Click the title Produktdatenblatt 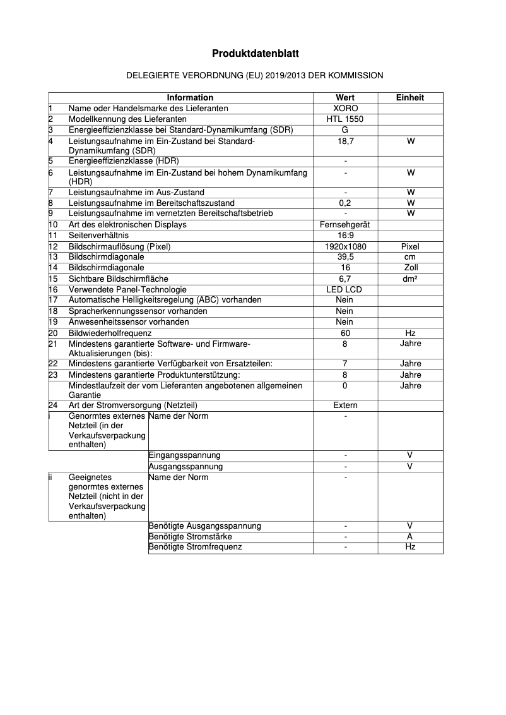(255, 54)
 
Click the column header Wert (345, 97)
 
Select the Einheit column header (410, 97)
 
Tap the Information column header (190, 97)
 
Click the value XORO (345, 108)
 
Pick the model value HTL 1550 (345, 119)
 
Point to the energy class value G (345, 129)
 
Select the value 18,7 (345, 141)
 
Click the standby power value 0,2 (345, 203)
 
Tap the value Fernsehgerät (345, 224)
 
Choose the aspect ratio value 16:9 (345, 235)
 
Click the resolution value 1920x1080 (345, 246)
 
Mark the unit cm (410, 257)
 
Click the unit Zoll (410, 268)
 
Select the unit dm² (410, 279)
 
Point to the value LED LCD (345, 289)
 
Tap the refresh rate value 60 (345, 333)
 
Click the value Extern (345, 406)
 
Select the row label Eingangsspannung (184, 455)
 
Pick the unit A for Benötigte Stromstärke (410, 537)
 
